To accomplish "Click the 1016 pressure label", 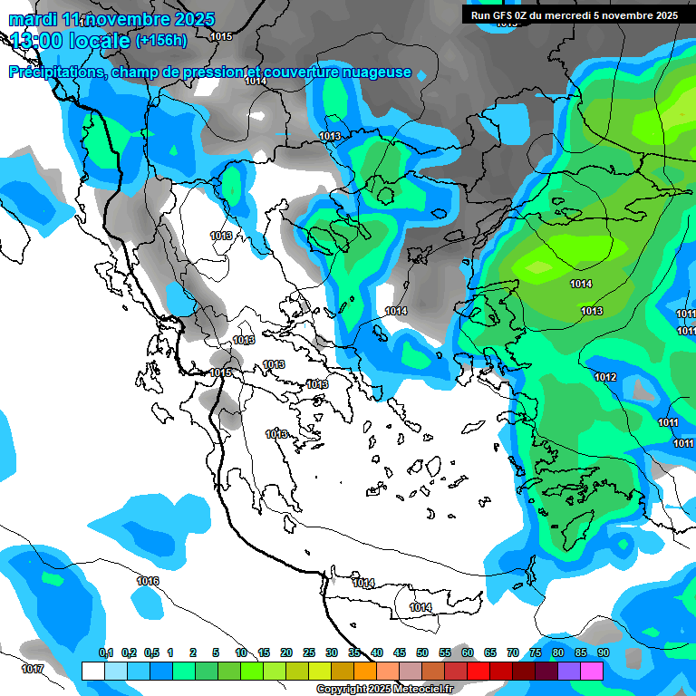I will (148, 581).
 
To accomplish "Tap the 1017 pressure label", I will (32, 669).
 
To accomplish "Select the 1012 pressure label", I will (606, 377).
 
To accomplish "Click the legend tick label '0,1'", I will (105, 652).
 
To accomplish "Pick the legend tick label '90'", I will (603, 652).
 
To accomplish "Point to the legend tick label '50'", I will (421, 652).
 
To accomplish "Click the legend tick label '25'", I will (308, 652).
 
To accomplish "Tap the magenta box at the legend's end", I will (592, 671).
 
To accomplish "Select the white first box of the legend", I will (92, 671).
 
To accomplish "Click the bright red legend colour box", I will (478, 671).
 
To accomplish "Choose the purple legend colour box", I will (569, 671).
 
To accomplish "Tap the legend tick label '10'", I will (240, 652).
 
